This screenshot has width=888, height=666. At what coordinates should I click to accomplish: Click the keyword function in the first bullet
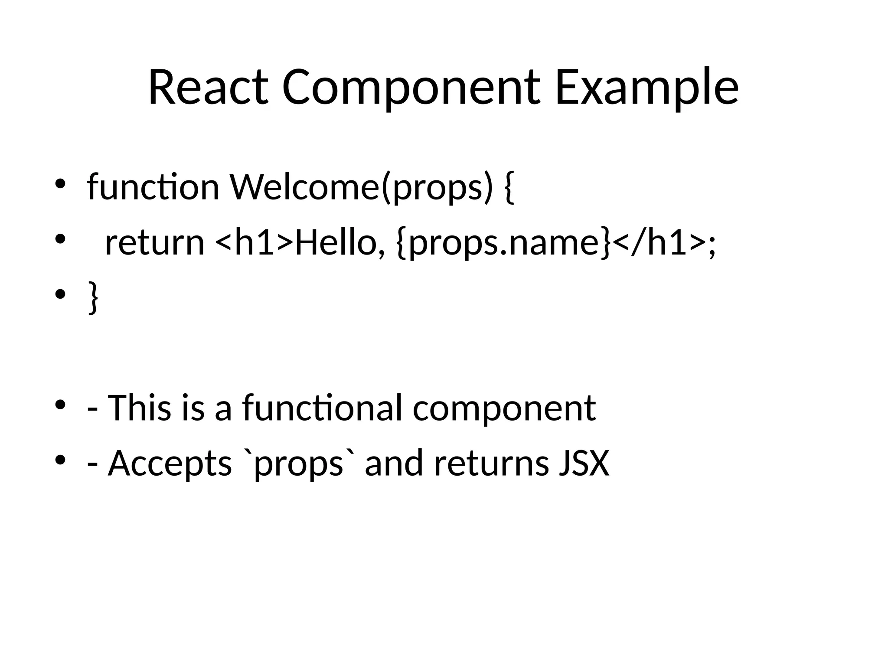coord(153,187)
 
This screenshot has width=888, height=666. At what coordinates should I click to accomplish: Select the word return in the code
coord(154,243)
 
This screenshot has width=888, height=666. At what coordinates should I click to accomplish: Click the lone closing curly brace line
coord(93,297)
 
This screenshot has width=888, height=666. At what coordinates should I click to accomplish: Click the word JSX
coord(584,463)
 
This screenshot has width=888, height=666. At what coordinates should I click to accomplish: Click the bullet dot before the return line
coord(60,239)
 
